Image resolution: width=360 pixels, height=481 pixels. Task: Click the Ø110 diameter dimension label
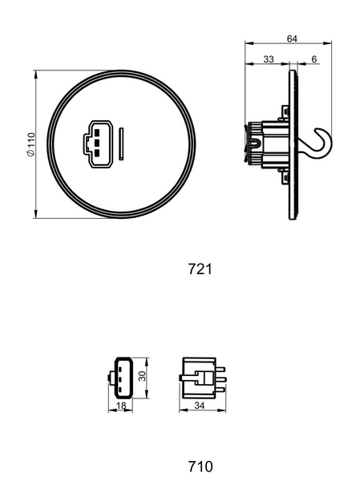(31, 144)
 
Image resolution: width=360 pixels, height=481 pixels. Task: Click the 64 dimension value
(292, 38)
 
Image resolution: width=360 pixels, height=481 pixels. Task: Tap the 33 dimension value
(269, 59)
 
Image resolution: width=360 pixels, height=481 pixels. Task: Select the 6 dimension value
(314, 59)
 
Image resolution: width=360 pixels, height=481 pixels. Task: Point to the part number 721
(200, 269)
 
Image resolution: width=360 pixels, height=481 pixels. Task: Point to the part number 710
(200, 467)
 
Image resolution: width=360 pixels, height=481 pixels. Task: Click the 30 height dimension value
(142, 376)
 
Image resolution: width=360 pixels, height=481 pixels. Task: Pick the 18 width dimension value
(121, 406)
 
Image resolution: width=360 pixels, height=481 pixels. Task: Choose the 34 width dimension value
(200, 405)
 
